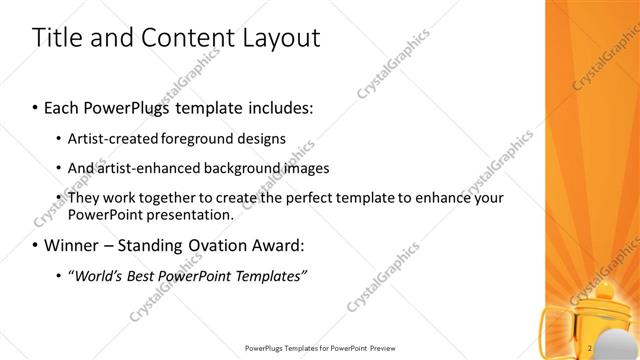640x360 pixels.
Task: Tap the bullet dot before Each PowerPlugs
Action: pos(36,107)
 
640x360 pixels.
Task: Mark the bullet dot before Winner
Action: pos(36,245)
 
